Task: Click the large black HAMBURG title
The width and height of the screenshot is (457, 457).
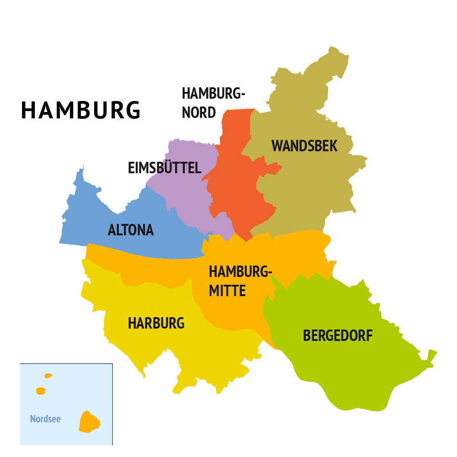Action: point(81,111)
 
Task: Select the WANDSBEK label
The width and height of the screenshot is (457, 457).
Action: point(304,146)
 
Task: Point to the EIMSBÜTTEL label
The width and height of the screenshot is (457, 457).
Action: point(165,168)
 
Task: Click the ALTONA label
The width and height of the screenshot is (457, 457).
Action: point(131,230)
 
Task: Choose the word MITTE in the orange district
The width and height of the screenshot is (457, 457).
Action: point(227,291)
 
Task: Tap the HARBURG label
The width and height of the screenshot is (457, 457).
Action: point(156,324)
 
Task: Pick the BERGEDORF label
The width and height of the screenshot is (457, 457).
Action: point(338,336)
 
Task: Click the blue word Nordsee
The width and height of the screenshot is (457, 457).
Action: point(45,419)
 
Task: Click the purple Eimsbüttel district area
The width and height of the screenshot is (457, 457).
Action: point(187,192)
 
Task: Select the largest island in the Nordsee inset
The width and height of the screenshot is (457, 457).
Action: point(89,422)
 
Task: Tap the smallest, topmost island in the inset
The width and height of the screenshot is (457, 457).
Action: point(48,376)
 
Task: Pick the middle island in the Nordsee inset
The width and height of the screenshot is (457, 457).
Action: point(41,391)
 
